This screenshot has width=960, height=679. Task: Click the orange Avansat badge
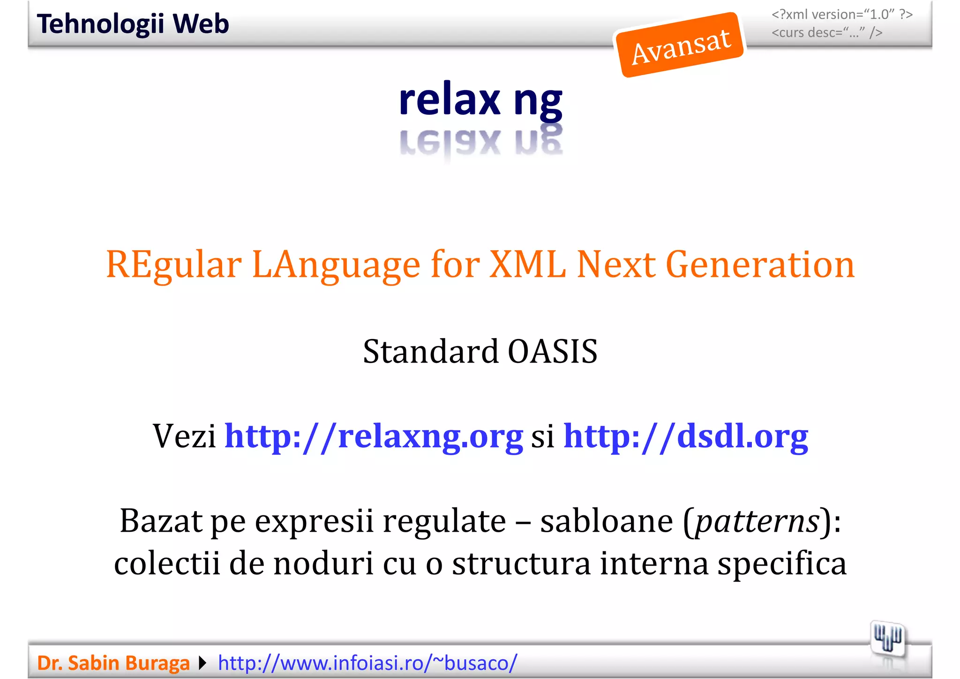tap(680, 45)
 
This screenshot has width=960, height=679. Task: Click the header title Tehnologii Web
tap(133, 24)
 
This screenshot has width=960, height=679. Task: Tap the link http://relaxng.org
tap(374, 436)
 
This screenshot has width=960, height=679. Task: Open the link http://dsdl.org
tap(685, 436)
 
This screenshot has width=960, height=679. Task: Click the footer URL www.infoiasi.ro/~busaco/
tap(367, 663)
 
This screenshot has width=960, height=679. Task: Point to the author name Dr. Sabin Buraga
tap(113, 663)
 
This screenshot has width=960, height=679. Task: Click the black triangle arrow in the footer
tap(203, 663)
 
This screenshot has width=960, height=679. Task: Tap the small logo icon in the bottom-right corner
tap(887, 639)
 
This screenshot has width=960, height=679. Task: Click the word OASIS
tap(553, 352)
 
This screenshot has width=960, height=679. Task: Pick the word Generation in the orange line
tap(760, 265)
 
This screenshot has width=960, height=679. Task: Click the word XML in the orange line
tap(527, 265)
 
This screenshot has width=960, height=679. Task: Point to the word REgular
tap(174, 265)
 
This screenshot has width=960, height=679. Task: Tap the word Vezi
tap(184, 436)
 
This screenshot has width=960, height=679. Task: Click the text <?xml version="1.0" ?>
tap(842, 15)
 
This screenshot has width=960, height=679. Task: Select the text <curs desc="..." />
tap(827, 33)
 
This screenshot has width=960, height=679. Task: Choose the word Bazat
tap(161, 521)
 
